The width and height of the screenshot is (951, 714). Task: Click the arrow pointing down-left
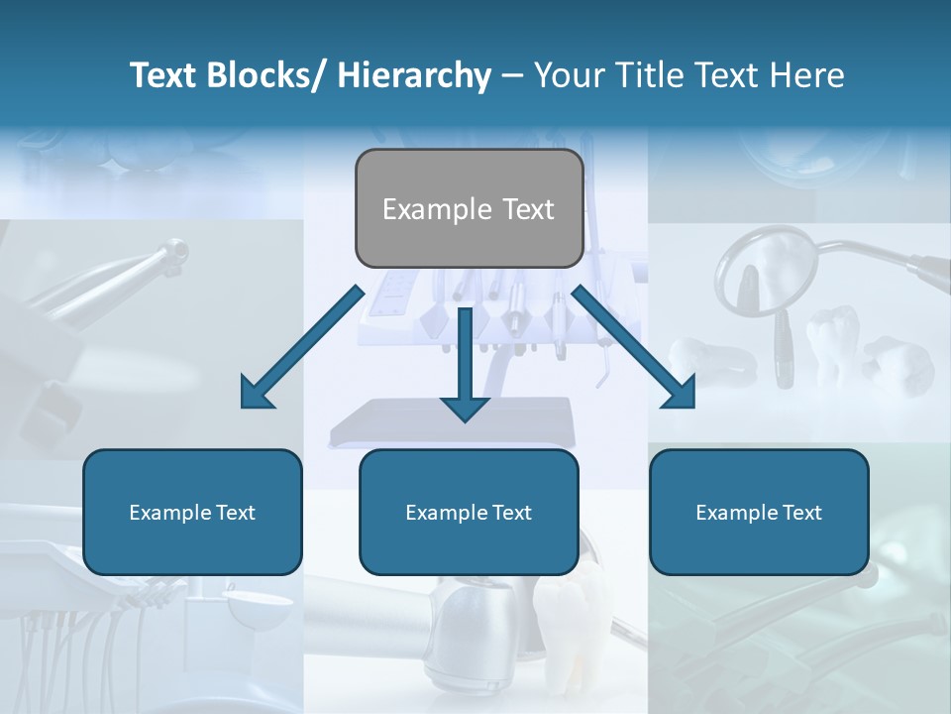pyautogui.click(x=302, y=347)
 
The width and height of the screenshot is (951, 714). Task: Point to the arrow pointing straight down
pyautogui.click(x=465, y=362)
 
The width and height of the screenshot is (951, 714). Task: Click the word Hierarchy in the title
pyautogui.click(x=414, y=75)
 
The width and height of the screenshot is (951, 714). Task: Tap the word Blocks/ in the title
pyautogui.click(x=269, y=75)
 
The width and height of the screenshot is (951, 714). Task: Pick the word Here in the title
pyautogui.click(x=809, y=75)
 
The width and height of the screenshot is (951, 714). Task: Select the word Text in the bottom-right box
pyautogui.click(x=801, y=513)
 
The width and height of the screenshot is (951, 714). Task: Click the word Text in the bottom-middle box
pyautogui.click(x=511, y=513)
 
